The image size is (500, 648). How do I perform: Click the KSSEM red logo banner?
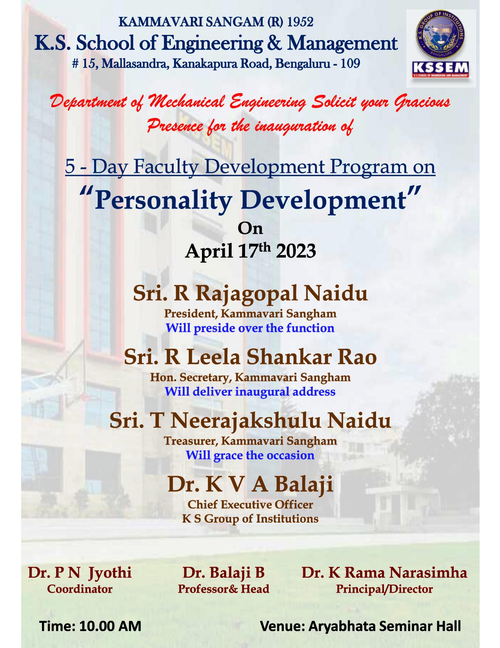click(x=440, y=70)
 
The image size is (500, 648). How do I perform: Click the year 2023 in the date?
click(x=296, y=251)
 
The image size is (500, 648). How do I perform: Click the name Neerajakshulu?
click(x=245, y=421)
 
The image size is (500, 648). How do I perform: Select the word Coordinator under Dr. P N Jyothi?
click(x=80, y=589)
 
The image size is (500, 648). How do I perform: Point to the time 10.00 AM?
click(x=110, y=626)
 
